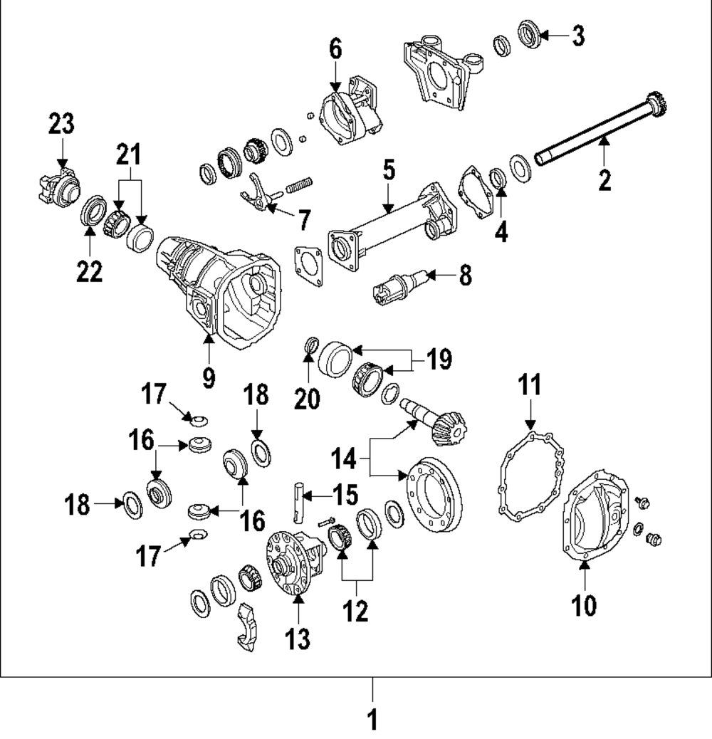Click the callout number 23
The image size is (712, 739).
[x=61, y=125]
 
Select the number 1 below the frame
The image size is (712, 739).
[x=372, y=719]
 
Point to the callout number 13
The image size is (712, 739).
[x=298, y=639]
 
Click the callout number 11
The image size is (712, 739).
[x=529, y=386]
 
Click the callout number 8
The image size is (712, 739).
[x=464, y=276]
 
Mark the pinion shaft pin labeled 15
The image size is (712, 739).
[x=299, y=502]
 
